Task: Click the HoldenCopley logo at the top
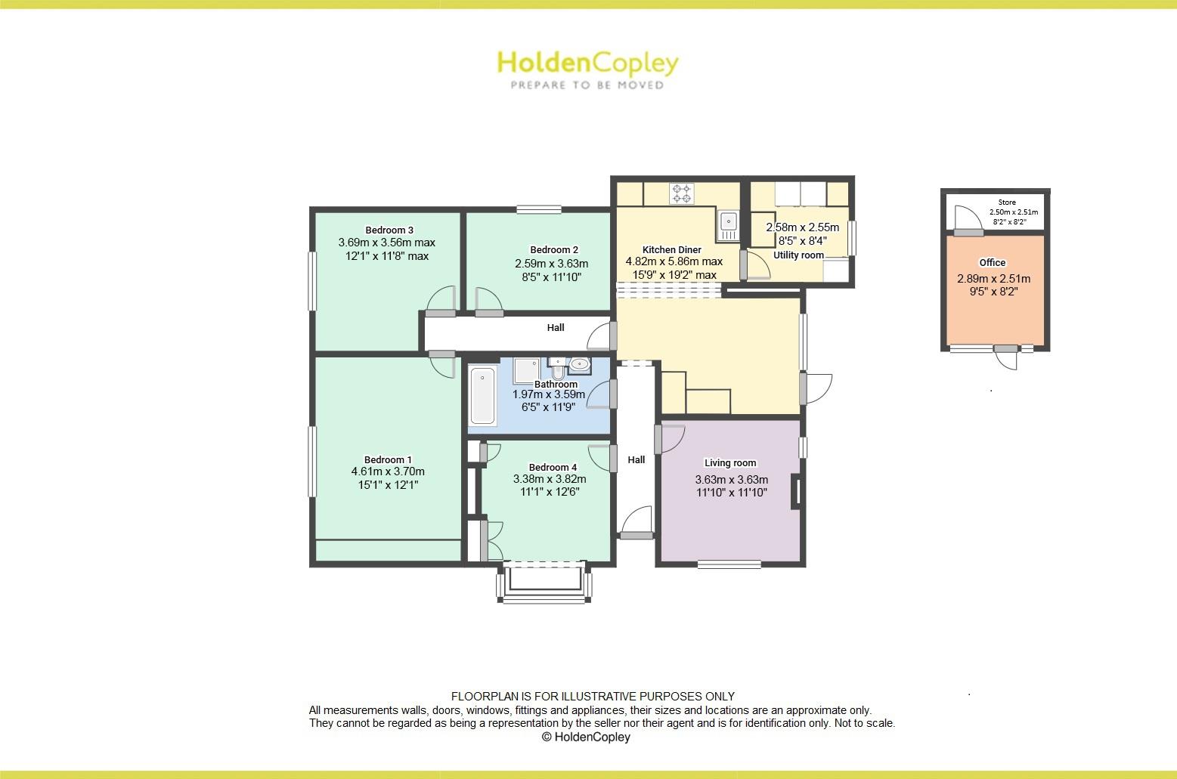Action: pos(587,69)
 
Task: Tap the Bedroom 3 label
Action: pos(389,230)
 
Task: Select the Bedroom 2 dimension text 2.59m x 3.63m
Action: pos(551,264)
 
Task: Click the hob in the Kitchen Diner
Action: pos(682,193)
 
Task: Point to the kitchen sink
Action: pos(728,221)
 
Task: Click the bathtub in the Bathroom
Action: pos(482,395)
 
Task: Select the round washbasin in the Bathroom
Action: pos(581,365)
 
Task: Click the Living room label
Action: pos(730,463)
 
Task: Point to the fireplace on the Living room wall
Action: pos(795,491)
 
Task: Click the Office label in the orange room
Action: pos(993,263)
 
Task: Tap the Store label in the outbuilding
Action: pos(1007,202)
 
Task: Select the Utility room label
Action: pos(798,255)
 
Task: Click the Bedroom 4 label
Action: pos(553,467)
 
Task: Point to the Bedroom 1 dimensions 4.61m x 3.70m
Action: pos(388,472)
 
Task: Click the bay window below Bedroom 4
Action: pos(544,583)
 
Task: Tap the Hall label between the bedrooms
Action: pos(556,327)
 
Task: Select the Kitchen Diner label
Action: pos(672,249)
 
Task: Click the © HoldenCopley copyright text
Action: pos(586,737)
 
